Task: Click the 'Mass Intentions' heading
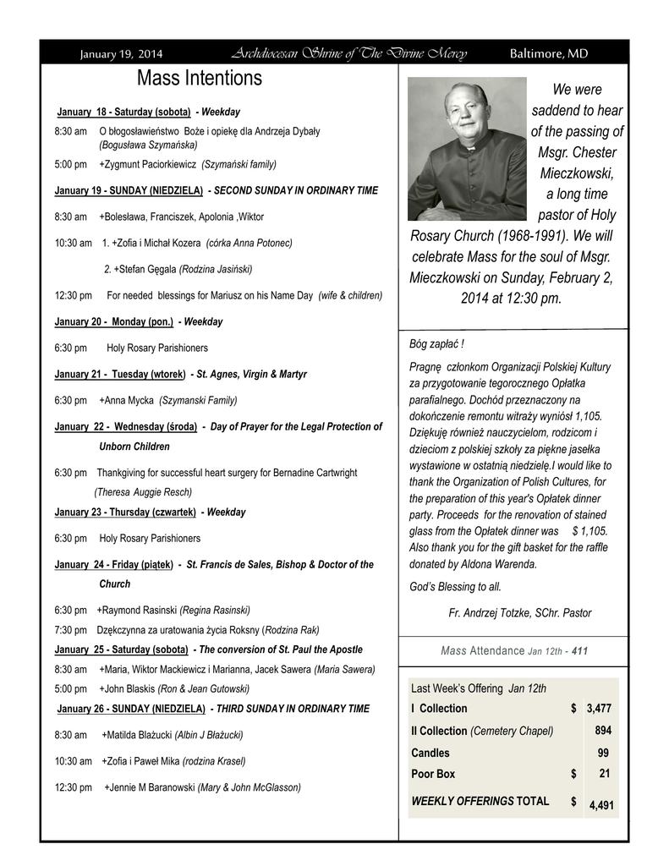200,79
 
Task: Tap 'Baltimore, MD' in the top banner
548,54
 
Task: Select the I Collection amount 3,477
599,708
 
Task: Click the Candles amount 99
603,753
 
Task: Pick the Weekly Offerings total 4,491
601,806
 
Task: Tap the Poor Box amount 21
604,773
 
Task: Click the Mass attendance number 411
579,651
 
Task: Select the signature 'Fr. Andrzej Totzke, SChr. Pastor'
519,612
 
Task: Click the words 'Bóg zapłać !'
436,344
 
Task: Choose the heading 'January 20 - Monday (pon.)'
113,322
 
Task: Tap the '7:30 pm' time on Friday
70,630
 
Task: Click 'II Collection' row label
438,731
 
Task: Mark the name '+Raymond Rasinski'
136,610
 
